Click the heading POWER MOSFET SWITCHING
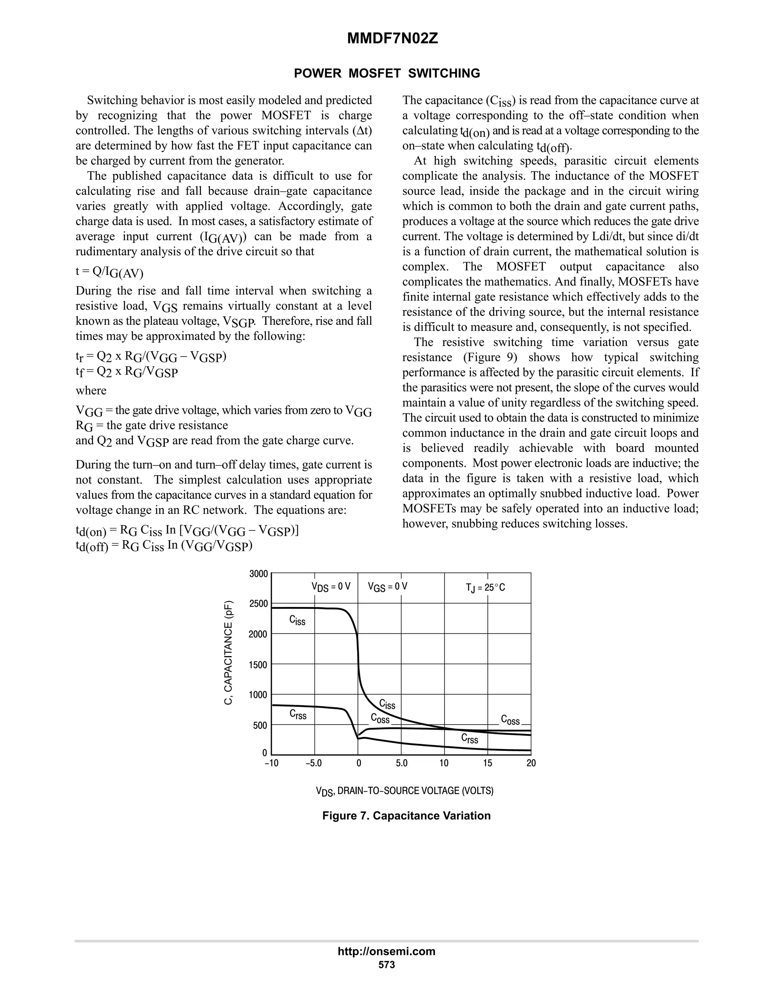387,73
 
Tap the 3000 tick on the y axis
258,574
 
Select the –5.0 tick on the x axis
314,763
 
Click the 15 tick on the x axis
488,763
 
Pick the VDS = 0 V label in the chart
331,587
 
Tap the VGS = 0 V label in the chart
387,587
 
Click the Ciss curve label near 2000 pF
297,620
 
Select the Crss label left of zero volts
298,715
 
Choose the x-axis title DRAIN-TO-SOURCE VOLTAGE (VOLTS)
404,791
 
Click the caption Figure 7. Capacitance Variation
406,816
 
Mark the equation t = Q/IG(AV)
110,272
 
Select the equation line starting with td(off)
164,546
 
